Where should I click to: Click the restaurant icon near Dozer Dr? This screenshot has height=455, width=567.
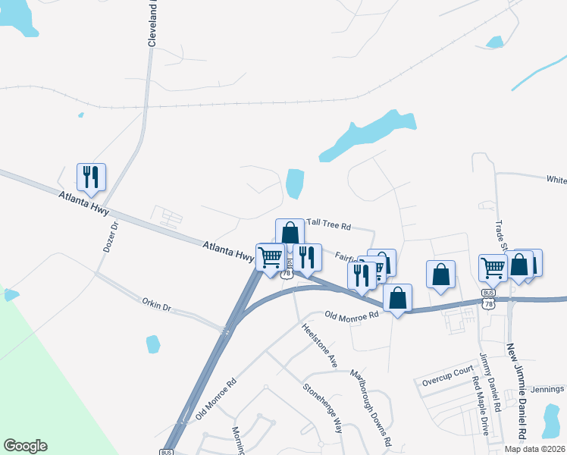click(x=91, y=177)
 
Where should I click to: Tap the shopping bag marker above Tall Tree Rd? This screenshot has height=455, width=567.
click(x=290, y=232)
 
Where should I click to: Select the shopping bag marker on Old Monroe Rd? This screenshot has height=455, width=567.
click(x=397, y=297)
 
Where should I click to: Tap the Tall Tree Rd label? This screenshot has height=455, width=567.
click(x=329, y=226)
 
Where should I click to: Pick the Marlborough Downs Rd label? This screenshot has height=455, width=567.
click(x=370, y=406)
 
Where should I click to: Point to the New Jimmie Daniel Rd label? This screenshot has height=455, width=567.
click(x=515, y=391)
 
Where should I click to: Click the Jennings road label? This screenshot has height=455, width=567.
click(x=547, y=390)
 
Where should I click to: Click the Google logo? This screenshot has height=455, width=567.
click(x=25, y=446)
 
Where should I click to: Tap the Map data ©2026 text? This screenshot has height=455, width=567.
click(x=534, y=449)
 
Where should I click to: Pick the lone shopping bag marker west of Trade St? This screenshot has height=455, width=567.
click(x=441, y=275)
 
